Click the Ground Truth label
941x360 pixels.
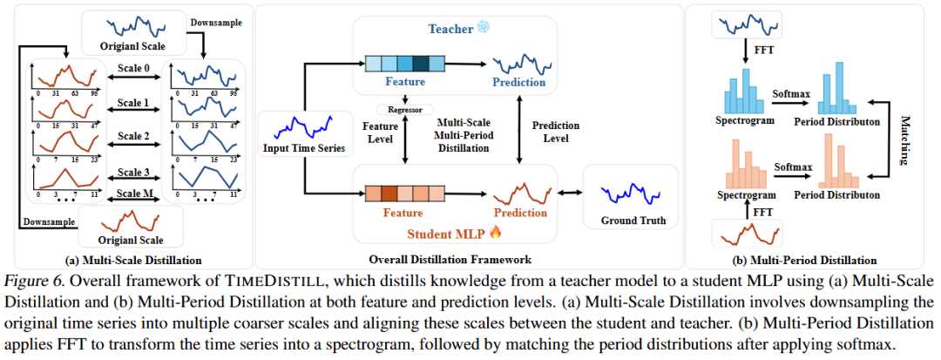pyautogui.click(x=633, y=221)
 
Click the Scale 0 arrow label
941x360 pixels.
pyautogui.click(x=135, y=66)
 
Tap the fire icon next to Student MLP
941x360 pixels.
pyautogui.click(x=494, y=233)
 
